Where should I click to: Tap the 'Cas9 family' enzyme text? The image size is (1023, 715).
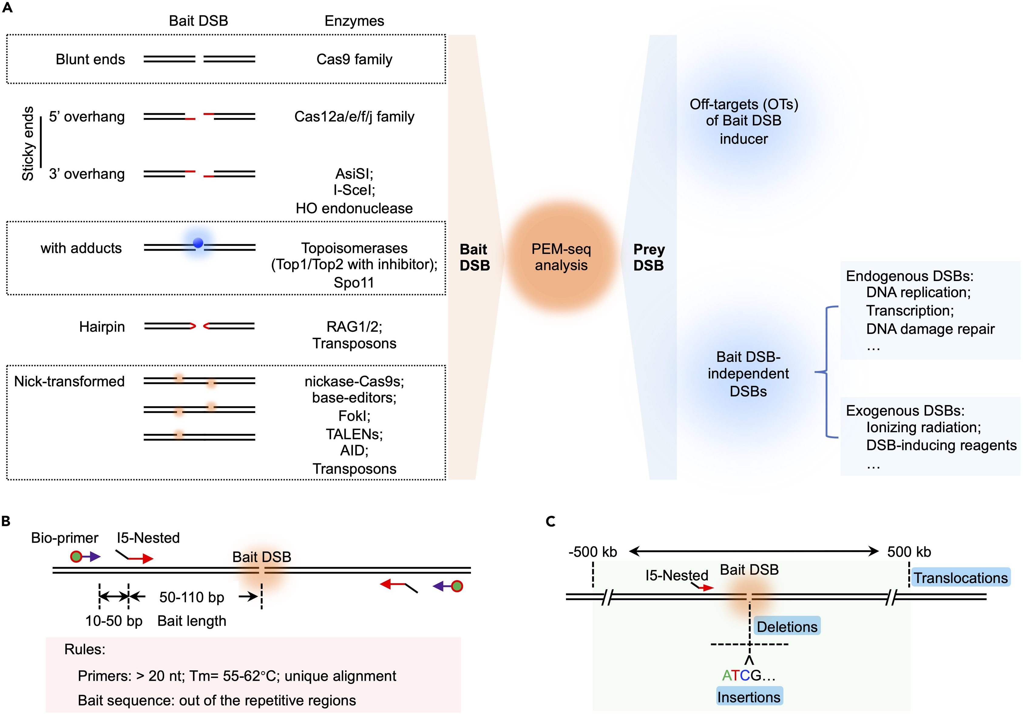tap(354, 59)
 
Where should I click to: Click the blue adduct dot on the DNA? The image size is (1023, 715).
tap(198, 243)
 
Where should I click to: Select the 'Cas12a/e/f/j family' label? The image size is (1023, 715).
tap(354, 117)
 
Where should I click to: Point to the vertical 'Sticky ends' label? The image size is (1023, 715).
tap(28, 144)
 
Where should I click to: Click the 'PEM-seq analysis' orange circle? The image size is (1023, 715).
tap(561, 257)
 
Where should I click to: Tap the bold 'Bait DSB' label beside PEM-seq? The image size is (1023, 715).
tap(475, 257)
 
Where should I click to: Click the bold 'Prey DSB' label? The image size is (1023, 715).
tap(649, 257)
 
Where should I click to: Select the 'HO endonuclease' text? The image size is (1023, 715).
tap(354, 208)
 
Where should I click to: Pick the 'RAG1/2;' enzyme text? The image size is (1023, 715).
tap(354, 327)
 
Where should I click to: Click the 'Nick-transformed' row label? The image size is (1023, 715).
tap(69, 381)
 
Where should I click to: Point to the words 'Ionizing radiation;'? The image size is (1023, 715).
tap(923, 427)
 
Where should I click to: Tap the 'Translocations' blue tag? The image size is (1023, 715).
tap(960, 578)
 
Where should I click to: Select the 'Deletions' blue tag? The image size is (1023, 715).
tap(787, 626)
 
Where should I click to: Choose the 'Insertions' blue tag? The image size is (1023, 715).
tap(749, 697)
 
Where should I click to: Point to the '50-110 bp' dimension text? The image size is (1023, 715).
tap(191, 597)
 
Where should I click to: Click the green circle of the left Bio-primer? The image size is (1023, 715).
tap(76, 556)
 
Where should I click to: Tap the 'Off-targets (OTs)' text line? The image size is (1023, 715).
tap(744, 104)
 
